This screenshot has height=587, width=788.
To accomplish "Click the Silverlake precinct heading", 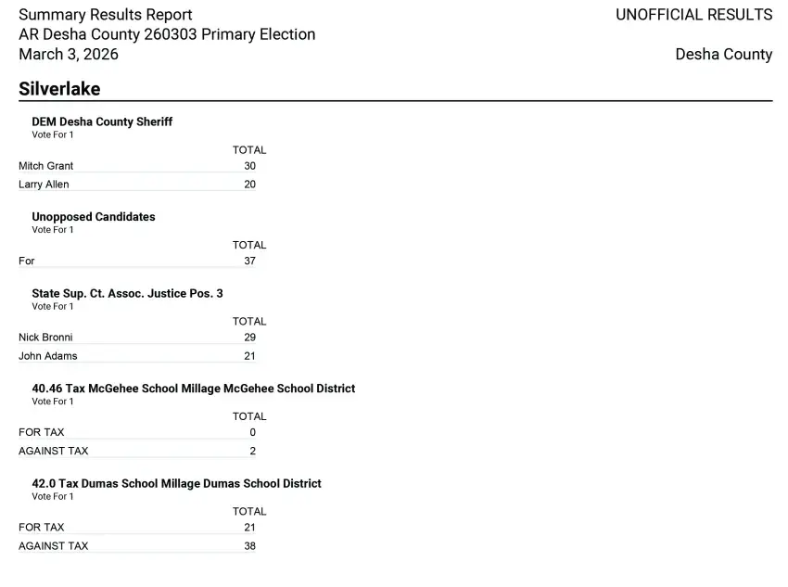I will pos(59,89).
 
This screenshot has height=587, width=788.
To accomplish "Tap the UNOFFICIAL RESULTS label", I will pos(693,15).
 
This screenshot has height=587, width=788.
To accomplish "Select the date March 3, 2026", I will pos(69,54).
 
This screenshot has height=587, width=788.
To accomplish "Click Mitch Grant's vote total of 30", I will pos(249,166).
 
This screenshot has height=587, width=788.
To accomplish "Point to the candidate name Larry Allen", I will pos(44,185).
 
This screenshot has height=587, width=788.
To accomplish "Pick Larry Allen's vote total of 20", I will pos(249,185).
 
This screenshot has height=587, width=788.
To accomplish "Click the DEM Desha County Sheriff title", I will pos(102,121).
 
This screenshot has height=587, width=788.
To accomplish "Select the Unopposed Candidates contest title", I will pos(94,217).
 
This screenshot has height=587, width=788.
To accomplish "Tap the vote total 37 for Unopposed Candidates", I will pos(249,262).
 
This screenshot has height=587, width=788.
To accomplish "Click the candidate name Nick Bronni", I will pos(45,338).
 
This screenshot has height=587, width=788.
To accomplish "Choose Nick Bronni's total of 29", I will pos(249,338).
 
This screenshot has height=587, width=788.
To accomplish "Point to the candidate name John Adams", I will pos(48,356).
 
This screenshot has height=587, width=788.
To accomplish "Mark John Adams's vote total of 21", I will pos(249,356).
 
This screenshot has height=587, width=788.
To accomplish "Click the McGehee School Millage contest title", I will pos(193,389).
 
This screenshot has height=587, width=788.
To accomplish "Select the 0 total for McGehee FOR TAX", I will pos(252,432).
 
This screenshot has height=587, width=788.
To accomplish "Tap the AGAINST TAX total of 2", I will pos(252,452).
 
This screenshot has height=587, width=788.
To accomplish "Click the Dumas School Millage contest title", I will pos(176,483).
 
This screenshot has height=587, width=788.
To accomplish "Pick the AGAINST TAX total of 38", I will pos(249,546).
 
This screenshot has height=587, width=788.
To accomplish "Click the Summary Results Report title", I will pos(106,15).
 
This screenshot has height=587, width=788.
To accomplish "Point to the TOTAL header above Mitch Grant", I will pos(249,150).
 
